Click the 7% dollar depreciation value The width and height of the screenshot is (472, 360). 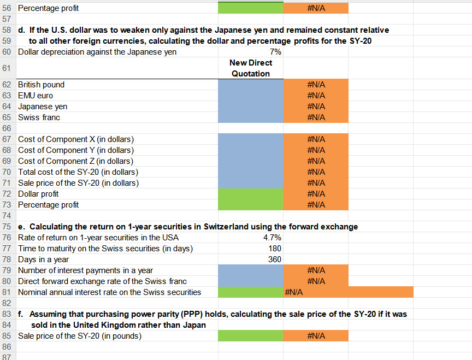coord(275,52)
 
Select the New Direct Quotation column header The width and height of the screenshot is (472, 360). coord(250,68)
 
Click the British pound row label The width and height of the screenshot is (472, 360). coord(41,85)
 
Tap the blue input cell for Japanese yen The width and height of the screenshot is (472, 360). coord(250,107)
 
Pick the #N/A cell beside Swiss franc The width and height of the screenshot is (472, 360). coord(316,117)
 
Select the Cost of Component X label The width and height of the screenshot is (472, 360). coord(76,139)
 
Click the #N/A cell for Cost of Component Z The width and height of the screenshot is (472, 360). coord(316,161)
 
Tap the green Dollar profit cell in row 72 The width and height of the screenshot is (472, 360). coord(250,194)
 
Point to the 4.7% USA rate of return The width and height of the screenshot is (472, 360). coord(273,238)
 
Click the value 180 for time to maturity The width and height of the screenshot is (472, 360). coord(274,249)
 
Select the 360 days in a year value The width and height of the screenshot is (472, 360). coord(274,259)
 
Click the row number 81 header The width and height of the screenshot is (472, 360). coord(7,292)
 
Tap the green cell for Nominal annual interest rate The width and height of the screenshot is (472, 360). coord(250,292)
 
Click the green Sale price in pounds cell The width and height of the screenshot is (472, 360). coord(250,336)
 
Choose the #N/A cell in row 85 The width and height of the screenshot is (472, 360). coord(316,336)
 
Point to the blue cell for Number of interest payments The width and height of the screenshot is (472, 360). coord(250,270)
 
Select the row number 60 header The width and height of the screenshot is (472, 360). coord(7,52)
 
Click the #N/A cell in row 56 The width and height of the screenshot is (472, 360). coord(316,8)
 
